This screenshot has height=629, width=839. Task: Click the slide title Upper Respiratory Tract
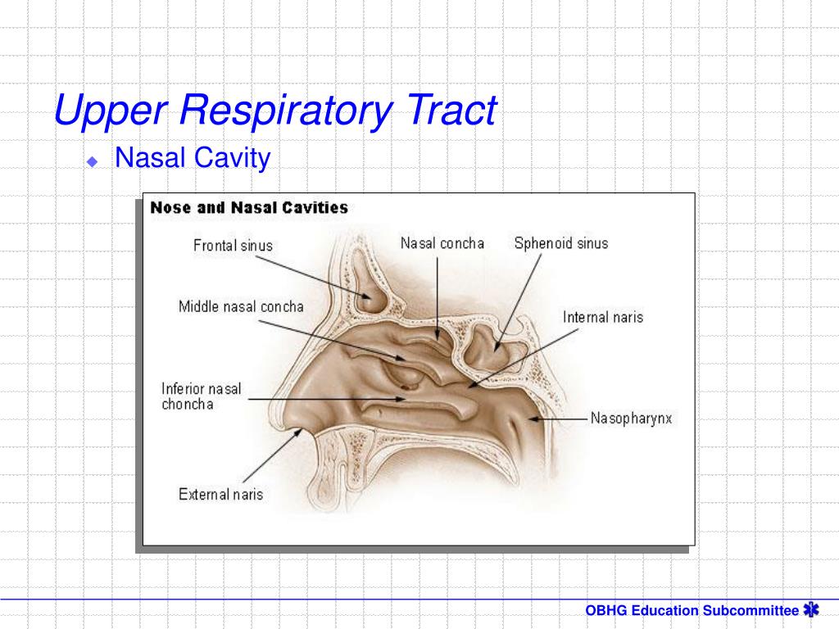[275, 111]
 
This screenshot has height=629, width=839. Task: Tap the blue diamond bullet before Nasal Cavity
[93, 161]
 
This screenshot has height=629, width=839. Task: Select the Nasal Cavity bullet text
[193, 157]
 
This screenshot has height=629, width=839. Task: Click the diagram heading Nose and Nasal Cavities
[249, 208]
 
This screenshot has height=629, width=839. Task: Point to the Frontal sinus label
[233, 245]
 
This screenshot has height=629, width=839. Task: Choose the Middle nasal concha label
[241, 307]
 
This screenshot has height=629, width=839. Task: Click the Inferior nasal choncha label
[202, 396]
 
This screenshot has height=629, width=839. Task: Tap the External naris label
[220, 494]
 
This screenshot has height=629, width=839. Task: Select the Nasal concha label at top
[442, 243]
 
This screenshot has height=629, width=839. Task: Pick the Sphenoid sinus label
[561, 243]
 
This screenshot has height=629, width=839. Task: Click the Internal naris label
[603, 317]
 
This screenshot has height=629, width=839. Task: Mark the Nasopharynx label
[631, 419]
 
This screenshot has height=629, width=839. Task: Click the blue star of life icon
[811, 609]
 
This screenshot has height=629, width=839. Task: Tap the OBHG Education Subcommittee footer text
[692, 610]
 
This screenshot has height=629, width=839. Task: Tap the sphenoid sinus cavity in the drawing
[492, 348]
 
